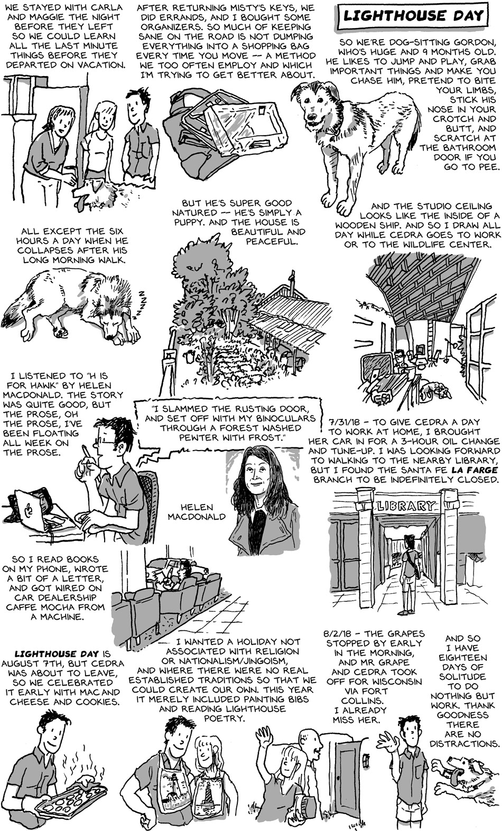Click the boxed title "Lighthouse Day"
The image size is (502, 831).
point(413,16)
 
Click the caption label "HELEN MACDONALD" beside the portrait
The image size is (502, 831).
point(197,511)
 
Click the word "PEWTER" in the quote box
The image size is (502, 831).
point(193,437)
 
